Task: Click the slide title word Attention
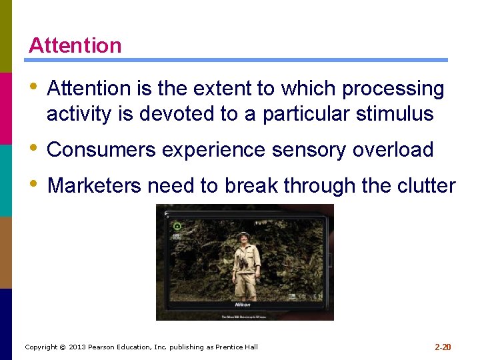(x=75, y=45)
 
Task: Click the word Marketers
(x=95, y=185)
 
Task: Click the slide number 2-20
(x=443, y=347)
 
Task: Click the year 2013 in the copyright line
(x=79, y=347)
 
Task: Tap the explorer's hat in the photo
(x=243, y=235)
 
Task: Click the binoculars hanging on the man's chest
(x=244, y=262)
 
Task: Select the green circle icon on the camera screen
(x=177, y=225)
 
